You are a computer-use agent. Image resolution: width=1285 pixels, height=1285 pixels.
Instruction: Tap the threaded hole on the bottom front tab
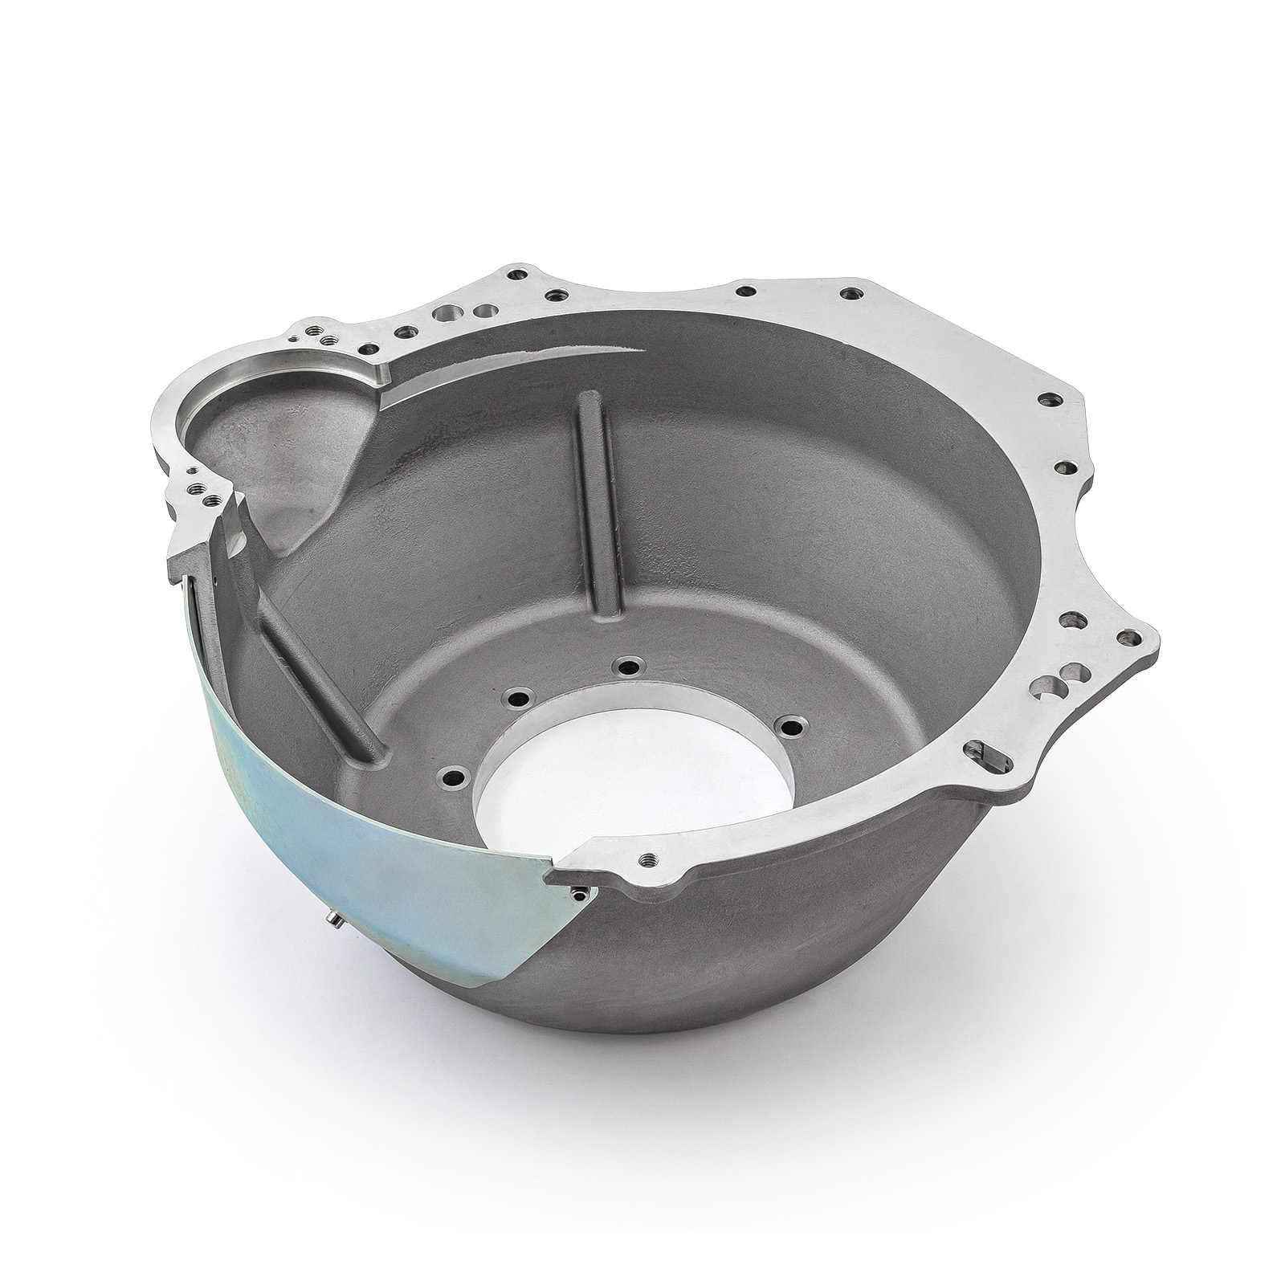click(x=643, y=859)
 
